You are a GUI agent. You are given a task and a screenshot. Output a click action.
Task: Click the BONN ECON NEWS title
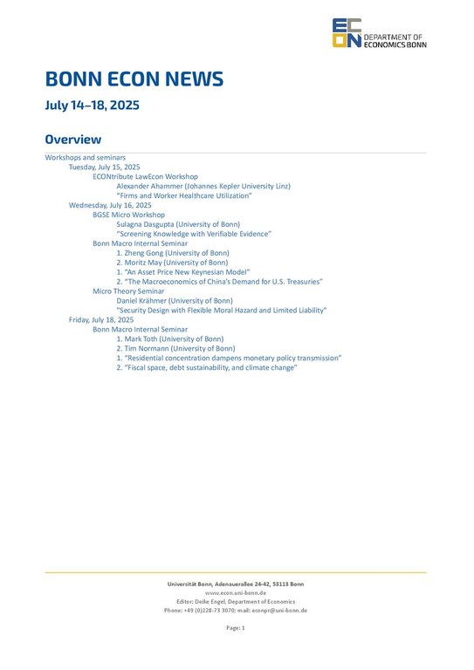click(134, 79)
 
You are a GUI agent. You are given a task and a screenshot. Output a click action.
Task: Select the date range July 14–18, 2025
click(92, 106)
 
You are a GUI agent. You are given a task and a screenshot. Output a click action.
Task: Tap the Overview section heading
click(73, 140)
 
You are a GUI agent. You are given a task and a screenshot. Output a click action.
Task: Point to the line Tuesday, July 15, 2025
click(104, 166)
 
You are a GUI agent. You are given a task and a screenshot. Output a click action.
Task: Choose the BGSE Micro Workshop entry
click(128, 215)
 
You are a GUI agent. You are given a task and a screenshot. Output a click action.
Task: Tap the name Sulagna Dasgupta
click(148, 224)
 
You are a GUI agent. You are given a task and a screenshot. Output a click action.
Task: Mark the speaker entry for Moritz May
click(172, 263)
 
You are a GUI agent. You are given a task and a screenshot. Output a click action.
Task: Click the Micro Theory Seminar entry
click(128, 291)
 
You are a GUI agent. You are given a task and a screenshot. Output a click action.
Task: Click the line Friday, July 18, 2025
click(101, 320)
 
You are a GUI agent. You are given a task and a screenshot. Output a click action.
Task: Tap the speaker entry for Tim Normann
click(175, 348)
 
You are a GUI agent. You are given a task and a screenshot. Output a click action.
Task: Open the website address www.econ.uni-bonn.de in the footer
click(236, 592)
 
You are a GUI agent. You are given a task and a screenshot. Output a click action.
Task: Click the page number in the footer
click(236, 627)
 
